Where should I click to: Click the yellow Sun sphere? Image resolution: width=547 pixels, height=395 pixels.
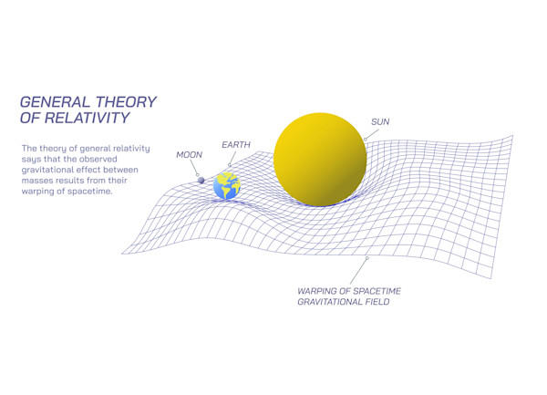320,160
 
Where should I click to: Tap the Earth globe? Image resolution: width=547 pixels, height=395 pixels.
227,186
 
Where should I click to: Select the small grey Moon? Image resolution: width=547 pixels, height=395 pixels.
201,180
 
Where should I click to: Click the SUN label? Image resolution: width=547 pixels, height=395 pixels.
380,121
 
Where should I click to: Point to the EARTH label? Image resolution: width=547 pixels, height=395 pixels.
236,144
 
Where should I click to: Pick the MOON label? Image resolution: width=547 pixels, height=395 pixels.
189,154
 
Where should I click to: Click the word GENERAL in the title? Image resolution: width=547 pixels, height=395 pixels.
55,102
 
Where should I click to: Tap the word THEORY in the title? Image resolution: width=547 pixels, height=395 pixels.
127,102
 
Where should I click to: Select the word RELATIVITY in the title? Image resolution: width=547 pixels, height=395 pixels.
88,118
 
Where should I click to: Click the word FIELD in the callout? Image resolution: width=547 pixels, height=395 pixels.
377,302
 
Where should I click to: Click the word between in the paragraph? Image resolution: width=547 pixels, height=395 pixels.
122,170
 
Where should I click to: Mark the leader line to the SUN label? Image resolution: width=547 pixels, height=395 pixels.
372,134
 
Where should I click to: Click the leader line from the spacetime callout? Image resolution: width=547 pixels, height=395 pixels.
359,271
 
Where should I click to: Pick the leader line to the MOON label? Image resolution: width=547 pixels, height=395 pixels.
194,168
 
